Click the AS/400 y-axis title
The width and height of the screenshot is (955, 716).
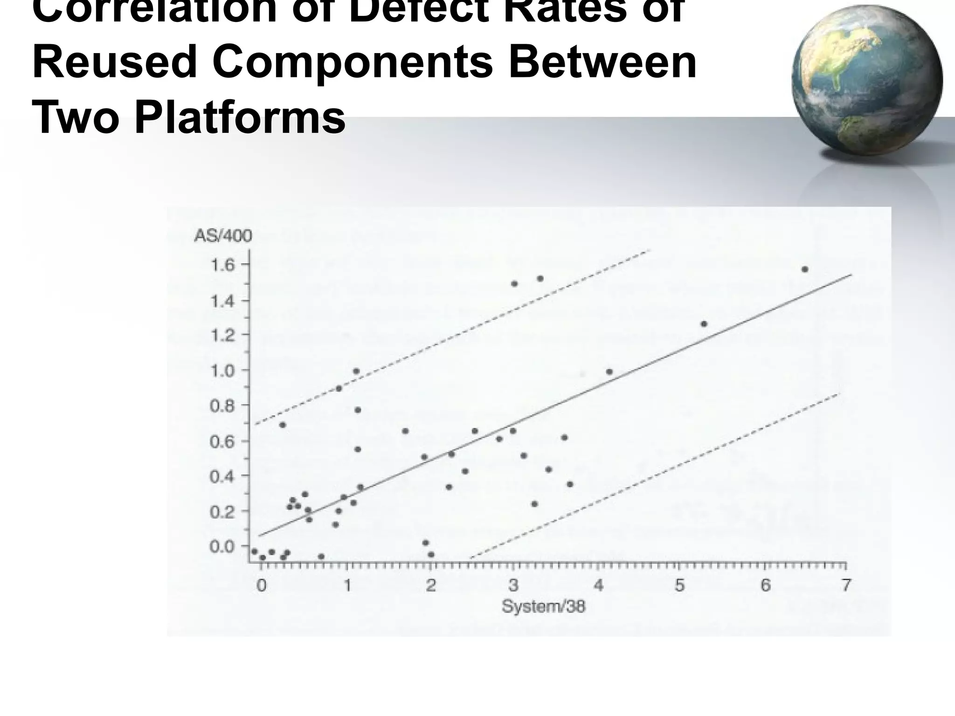223,236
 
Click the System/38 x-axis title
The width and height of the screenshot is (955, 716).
543,606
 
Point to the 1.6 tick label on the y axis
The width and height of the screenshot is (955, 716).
223,266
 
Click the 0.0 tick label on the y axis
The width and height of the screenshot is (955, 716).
223,547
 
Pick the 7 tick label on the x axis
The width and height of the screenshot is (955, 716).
846,585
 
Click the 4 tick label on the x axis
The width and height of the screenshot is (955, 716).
599,585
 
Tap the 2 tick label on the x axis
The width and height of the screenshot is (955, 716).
431,585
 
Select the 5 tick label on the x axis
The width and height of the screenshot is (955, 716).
679,585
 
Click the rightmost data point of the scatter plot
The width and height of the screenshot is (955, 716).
805,269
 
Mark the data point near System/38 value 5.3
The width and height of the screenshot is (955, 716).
704,324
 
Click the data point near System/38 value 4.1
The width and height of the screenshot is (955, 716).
609,372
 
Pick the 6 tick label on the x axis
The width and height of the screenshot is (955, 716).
765,585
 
